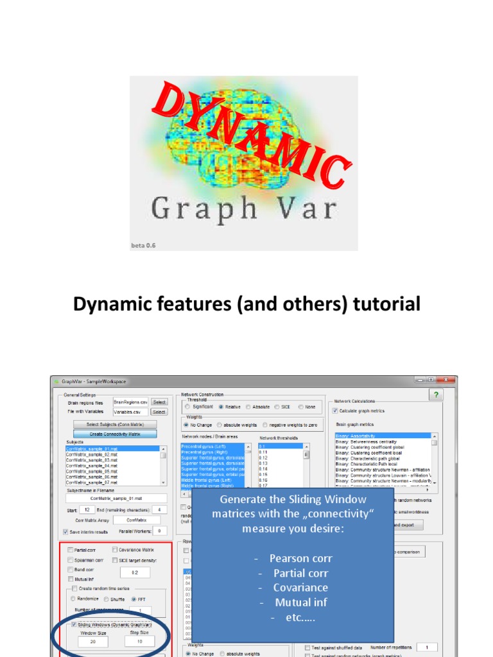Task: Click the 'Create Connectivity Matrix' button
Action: pyautogui.click(x=114, y=434)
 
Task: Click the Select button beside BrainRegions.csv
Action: pyautogui.click(x=159, y=402)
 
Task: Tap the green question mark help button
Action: pyautogui.click(x=437, y=395)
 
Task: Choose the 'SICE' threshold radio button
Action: pyautogui.click(x=277, y=407)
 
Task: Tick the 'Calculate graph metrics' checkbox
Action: pyautogui.click(x=335, y=411)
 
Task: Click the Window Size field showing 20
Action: pyautogui.click(x=92, y=641)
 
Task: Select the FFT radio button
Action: pyautogui.click(x=134, y=599)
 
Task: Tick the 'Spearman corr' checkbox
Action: pyautogui.click(x=70, y=559)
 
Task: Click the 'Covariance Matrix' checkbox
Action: pyautogui.click(x=114, y=550)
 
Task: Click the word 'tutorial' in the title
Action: pyautogui.click(x=383, y=303)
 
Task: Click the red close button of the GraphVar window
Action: pyautogui.click(x=447, y=380)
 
